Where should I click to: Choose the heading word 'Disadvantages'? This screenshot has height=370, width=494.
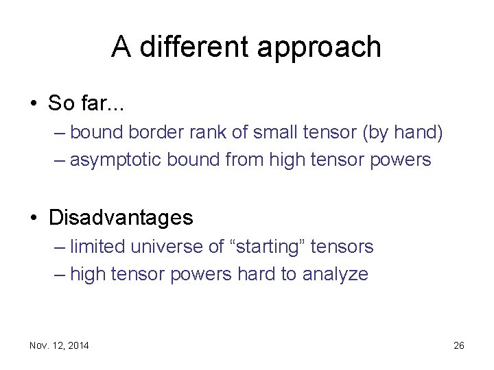pos(121,218)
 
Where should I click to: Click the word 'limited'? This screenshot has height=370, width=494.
pos(94,246)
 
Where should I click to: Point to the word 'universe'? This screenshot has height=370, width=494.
pos(157,247)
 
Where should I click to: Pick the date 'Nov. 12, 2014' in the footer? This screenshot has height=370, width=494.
pos(59,345)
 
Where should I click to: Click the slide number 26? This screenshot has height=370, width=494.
pos(459,345)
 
